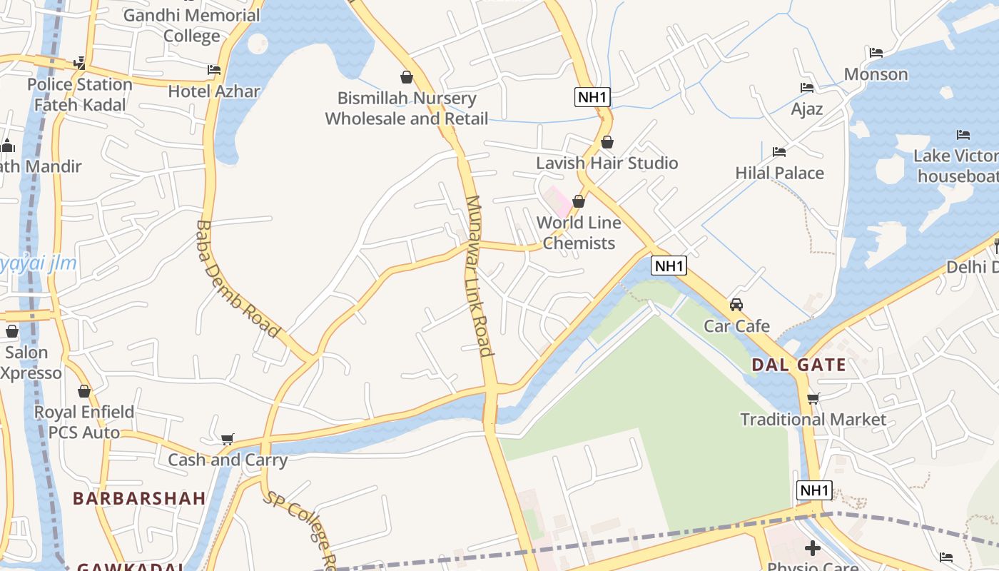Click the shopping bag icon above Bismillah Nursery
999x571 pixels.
coord(407,77)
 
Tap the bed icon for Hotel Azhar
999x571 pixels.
coord(214,70)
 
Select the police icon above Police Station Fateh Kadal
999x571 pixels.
coord(79,64)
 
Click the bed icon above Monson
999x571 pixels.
coord(876,53)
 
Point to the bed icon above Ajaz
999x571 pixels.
coord(807,88)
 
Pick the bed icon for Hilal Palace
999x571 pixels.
coord(779,152)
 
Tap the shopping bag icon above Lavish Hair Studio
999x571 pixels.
coord(607,142)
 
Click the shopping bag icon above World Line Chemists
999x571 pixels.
coord(579,202)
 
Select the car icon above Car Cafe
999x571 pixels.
coord(736,305)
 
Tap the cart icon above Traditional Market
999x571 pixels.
coord(813,398)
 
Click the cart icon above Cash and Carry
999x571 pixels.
coord(228,439)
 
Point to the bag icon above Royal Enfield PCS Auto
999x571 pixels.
coord(84,391)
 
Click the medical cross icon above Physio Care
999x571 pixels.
coord(812,548)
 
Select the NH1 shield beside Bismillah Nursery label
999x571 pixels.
coord(592,97)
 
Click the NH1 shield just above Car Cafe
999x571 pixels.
coord(669,266)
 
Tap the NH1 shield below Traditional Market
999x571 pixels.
coord(814,490)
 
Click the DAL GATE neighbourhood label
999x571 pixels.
coord(798,365)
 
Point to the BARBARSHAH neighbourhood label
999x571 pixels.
coord(139,498)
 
